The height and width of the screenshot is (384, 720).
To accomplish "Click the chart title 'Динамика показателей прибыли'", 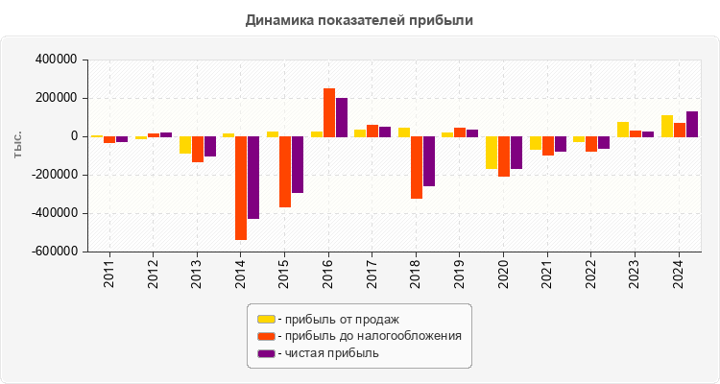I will click(x=359, y=19).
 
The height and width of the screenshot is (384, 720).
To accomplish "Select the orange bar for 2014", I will click(x=241, y=187).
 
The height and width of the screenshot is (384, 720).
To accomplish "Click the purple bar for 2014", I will click(x=253, y=178).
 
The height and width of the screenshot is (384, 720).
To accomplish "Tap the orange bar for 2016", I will click(x=329, y=112).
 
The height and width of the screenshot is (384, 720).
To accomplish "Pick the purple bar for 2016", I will click(x=342, y=117).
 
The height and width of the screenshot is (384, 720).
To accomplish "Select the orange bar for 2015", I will click(x=285, y=172).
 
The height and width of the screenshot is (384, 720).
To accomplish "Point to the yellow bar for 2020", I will click(x=492, y=153).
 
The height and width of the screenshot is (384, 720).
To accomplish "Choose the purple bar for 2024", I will click(x=692, y=124).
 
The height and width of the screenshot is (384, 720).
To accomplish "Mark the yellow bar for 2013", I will click(x=185, y=145).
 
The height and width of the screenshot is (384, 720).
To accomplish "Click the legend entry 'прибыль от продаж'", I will click(x=336, y=319).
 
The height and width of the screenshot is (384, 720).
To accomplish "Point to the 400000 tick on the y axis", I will click(x=57, y=60).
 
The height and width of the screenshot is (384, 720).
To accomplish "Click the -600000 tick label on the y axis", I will click(x=54, y=252).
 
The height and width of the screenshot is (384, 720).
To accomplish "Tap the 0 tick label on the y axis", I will click(x=73, y=136).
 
